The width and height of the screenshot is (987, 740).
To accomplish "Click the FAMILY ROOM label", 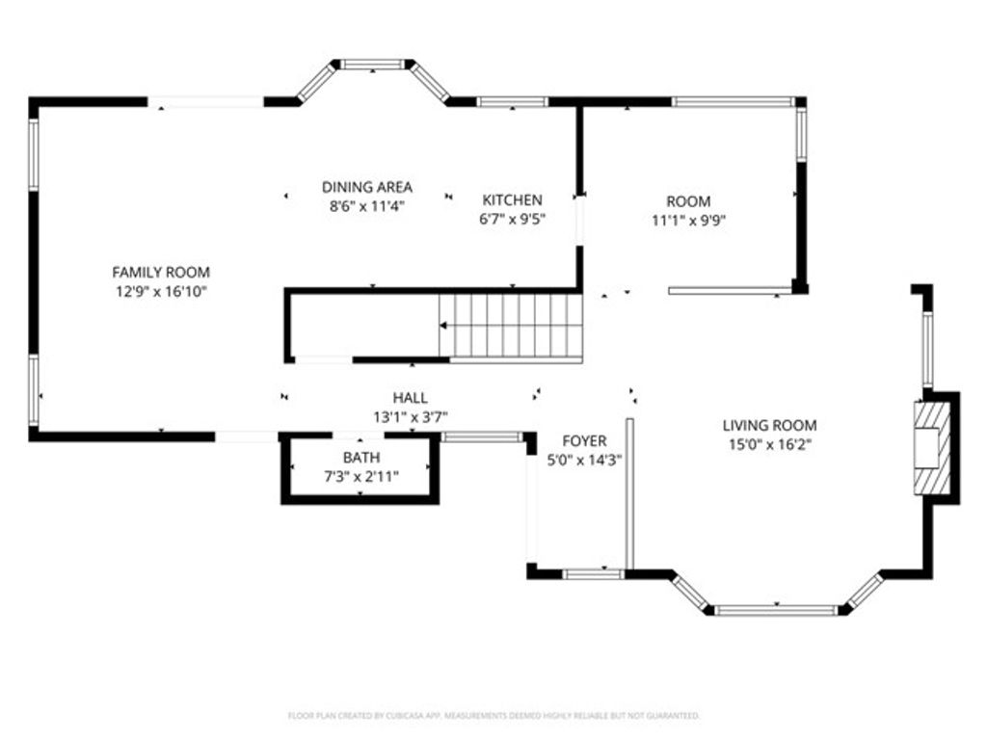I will [x=161, y=273].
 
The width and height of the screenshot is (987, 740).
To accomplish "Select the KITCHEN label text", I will [x=512, y=199].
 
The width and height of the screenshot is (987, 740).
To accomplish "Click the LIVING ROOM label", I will [x=769, y=425].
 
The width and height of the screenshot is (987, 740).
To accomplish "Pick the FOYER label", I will [x=584, y=441].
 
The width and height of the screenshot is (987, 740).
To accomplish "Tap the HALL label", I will [x=410, y=397].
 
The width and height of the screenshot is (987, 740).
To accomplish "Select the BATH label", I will [x=361, y=457].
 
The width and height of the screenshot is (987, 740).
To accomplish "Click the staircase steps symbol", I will [x=511, y=326].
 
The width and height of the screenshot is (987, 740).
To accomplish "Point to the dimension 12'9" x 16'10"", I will [x=161, y=290].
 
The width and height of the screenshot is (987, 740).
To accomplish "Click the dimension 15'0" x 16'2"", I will [x=769, y=444].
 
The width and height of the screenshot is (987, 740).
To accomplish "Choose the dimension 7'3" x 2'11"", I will [x=361, y=475].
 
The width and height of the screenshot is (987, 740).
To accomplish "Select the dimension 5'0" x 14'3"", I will [x=584, y=460].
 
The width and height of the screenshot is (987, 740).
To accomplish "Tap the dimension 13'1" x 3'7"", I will [x=410, y=416].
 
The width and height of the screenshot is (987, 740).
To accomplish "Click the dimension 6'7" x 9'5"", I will [x=512, y=218].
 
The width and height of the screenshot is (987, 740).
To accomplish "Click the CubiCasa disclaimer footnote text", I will [x=493, y=716].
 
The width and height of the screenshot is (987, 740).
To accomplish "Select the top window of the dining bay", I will [x=372, y=65].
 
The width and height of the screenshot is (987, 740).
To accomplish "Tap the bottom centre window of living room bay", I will [x=777, y=610].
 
